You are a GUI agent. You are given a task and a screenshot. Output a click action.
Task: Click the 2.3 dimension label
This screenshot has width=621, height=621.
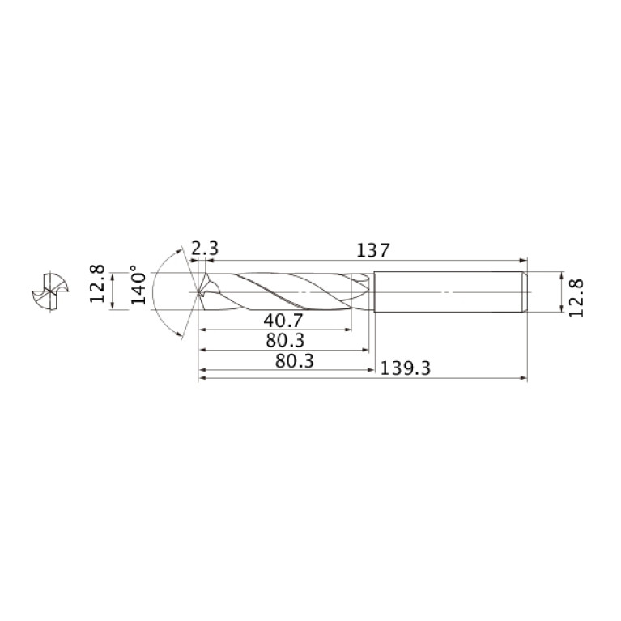[x=205, y=249]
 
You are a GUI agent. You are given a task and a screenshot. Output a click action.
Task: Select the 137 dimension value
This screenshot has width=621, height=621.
[x=373, y=250]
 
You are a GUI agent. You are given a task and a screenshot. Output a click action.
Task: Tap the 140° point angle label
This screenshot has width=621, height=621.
[x=138, y=284]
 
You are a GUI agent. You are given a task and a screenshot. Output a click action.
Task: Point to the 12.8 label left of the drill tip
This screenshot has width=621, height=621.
[x=96, y=283]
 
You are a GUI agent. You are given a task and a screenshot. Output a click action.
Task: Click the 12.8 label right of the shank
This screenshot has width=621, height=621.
[x=576, y=298]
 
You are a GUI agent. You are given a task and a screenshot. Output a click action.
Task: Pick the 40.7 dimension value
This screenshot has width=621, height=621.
[x=283, y=321]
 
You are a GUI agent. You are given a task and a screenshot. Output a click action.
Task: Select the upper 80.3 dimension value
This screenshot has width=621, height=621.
[x=285, y=340]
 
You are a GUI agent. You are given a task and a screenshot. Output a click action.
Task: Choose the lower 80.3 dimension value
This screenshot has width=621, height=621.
[x=294, y=361]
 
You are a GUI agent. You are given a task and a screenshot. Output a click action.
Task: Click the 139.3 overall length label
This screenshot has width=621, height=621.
[x=405, y=368]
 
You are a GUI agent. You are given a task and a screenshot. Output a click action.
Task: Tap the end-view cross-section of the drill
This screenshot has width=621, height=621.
[x=50, y=292]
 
